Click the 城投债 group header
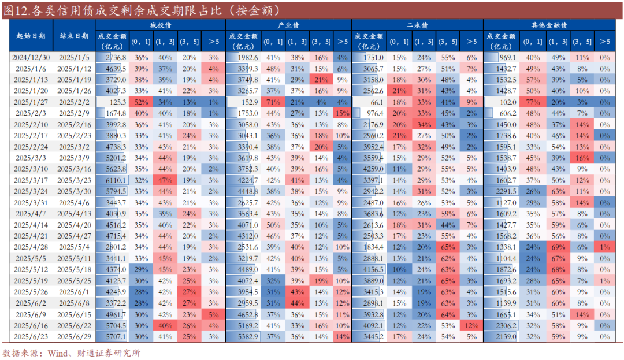tap(160, 25)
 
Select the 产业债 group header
tap(288, 25)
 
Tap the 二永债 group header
tap(417, 25)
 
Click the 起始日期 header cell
tap(31, 35)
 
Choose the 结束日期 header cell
tap(75, 35)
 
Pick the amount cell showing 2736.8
tap(116, 58)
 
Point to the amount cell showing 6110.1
tap(116, 180)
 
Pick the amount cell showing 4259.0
tap(373, 169)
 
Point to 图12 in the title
tap(15, 10)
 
